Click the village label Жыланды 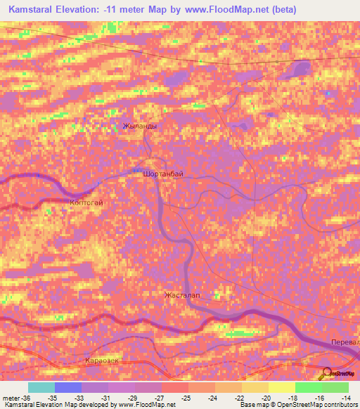[x=139, y=126]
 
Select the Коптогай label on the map [x=86, y=202]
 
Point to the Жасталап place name [x=182, y=295]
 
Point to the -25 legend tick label [x=186, y=398]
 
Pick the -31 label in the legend [x=106, y=398]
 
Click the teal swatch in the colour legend [x=41, y=387]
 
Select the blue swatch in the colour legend [x=67, y=387]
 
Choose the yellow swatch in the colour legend [x=281, y=387]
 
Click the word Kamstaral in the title [x=35, y=9]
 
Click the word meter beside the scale [x=12, y=398]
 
